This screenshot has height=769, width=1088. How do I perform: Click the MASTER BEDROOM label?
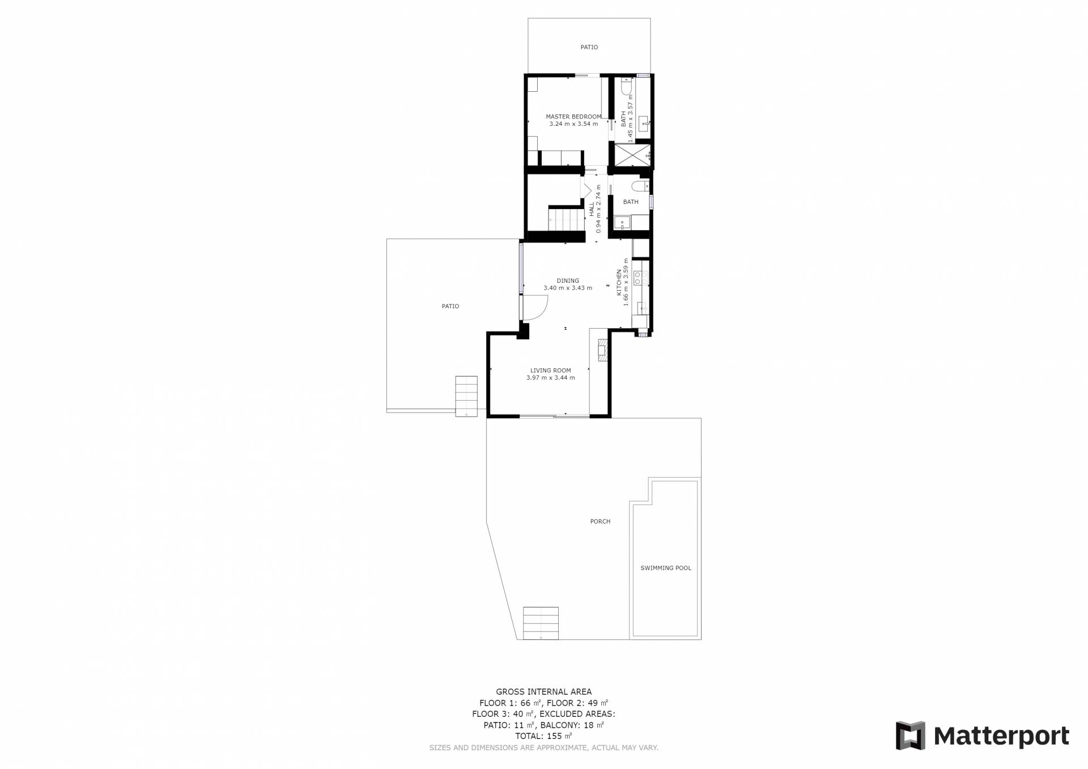pyautogui.click(x=573, y=117)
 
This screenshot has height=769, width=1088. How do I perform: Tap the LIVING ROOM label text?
pyautogui.click(x=550, y=371)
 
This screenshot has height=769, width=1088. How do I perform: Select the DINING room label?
pyautogui.click(x=568, y=281)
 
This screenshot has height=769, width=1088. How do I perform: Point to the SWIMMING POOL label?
pyautogui.click(x=666, y=568)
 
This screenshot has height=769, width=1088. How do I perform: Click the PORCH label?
pyautogui.click(x=600, y=521)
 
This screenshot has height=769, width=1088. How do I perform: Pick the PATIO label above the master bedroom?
pyautogui.click(x=589, y=47)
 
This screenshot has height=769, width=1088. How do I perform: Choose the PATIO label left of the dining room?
pyautogui.click(x=450, y=306)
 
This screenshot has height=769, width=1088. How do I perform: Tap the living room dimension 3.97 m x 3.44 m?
pyautogui.click(x=551, y=378)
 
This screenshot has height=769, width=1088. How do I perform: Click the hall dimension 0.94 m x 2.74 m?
pyautogui.click(x=598, y=209)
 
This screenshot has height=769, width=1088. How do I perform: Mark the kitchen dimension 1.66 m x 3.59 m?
pyautogui.click(x=626, y=282)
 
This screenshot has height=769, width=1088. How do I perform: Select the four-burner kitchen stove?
pyautogui.click(x=641, y=278)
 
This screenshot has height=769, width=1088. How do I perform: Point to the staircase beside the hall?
pyautogui.click(x=566, y=219)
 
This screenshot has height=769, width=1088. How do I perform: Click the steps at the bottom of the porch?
pyautogui.click(x=541, y=623)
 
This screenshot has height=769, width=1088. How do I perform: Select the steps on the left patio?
pyautogui.click(x=466, y=396)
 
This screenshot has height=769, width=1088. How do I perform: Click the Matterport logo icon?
pyautogui.click(x=910, y=736)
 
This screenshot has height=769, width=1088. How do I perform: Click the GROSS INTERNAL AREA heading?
pyautogui.click(x=543, y=691)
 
